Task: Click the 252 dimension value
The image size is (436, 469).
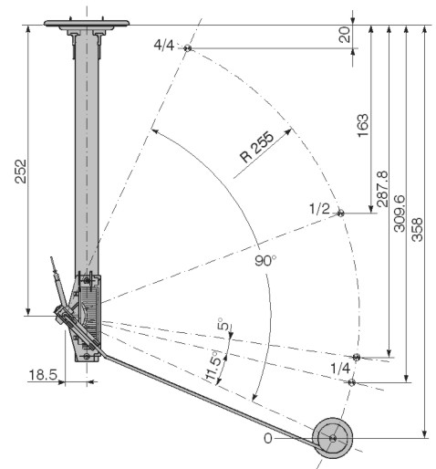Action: point(21,172)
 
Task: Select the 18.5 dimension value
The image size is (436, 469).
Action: point(43,375)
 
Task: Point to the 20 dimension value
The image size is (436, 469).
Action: point(345,35)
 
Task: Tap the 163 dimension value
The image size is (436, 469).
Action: point(363,125)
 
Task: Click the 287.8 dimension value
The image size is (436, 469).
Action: point(382,189)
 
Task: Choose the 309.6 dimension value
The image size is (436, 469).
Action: point(400,214)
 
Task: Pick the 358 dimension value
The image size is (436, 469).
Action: point(417,230)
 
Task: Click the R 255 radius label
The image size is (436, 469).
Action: point(257,147)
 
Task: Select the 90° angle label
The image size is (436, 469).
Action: point(265,261)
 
